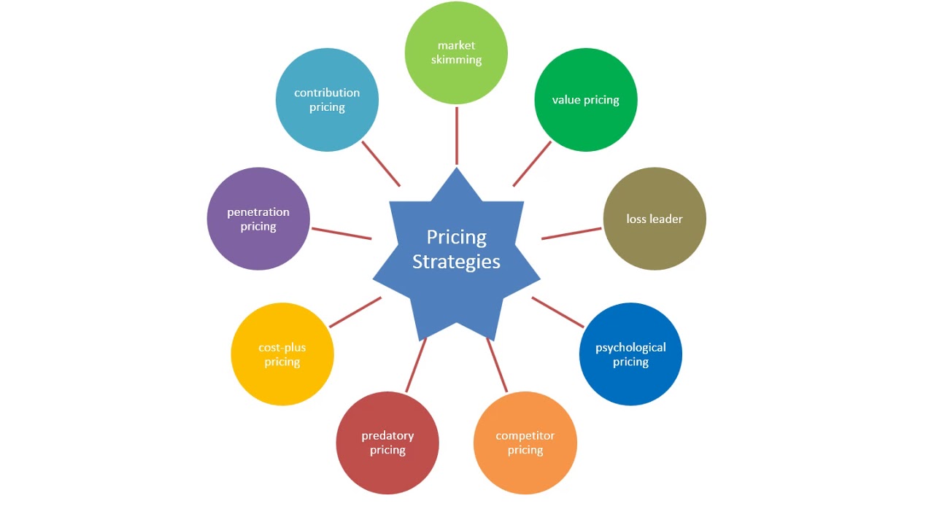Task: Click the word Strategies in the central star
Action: pyautogui.click(x=456, y=262)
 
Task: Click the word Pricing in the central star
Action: pyautogui.click(x=456, y=237)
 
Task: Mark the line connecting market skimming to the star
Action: pyautogui.click(x=457, y=136)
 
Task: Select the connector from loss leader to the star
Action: pyautogui.click(x=571, y=233)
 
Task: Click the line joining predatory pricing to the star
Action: pyautogui.click(x=416, y=365)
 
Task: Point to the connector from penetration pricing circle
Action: pyautogui.click(x=341, y=233)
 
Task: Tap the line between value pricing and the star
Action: pyautogui.click(x=532, y=163)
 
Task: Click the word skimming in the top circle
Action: pyautogui.click(x=456, y=60)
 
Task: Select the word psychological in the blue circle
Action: pyautogui.click(x=630, y=347)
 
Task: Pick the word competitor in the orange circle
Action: pyautogui.click(x=525, y=435)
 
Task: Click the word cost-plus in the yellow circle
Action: pyautogui.click(x=282, y=347)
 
